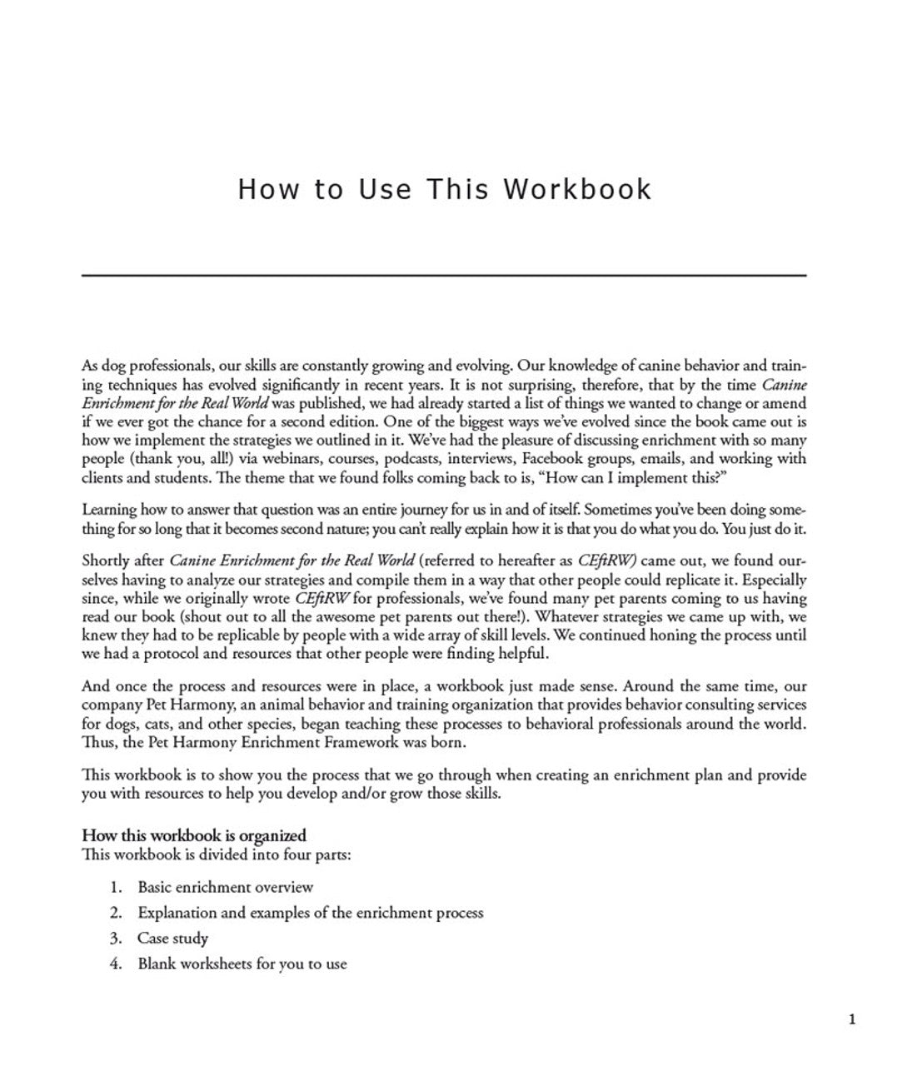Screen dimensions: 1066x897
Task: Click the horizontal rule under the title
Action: coord(444,275)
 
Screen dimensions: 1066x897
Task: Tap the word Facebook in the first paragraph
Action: coord(556,459)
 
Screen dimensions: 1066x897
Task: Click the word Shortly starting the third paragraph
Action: coord(106,560)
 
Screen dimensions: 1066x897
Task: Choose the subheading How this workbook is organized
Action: coord(194,835)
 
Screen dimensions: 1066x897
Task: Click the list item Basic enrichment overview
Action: coord(226,887)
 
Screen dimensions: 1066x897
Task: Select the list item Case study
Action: coord(172,939)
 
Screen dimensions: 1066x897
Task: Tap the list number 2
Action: coord(116,913)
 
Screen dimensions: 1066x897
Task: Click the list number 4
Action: coord(116,964)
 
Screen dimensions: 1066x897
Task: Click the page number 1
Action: coord(851,1019)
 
